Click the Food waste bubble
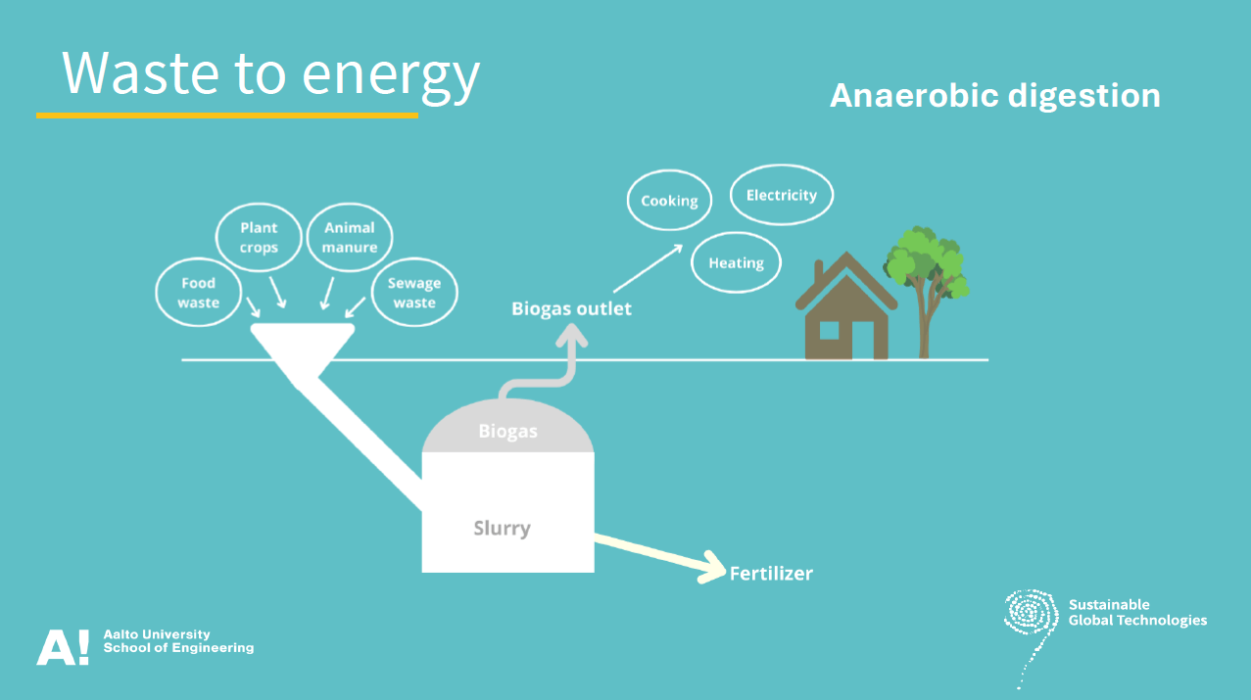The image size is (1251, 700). pos(198,293)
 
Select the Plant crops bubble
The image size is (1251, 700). pos(259,238)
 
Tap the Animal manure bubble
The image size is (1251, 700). pos(350,238)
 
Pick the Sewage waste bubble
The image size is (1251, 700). pos(414,293)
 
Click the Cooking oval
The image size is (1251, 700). pos(669,201)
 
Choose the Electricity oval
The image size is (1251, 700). pos(781,195)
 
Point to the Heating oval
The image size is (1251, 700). pos(736,262)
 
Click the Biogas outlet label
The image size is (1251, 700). pos(571,309)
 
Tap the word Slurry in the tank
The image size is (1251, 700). pos(502,529)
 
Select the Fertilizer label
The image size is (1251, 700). pos(771,574)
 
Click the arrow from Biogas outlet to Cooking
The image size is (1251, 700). pos(648,267)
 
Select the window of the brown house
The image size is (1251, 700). pos(829,329)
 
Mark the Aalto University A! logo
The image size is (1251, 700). pos(63,647)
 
